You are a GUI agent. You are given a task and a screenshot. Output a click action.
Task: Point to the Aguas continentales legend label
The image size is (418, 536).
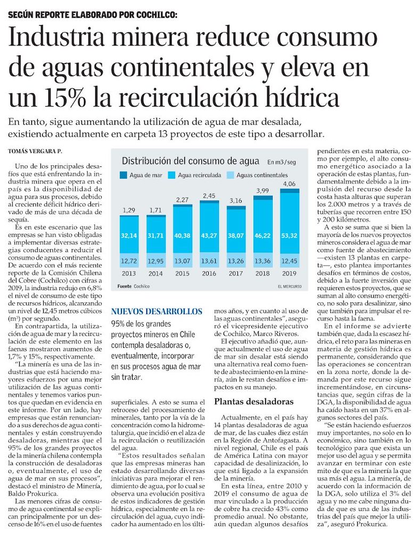click(x=261, y=175)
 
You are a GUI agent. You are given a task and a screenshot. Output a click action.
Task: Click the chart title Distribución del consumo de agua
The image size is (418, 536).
click(x=191, y=161)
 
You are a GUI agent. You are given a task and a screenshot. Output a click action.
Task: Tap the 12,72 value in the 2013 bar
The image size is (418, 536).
click(x=128, y=261)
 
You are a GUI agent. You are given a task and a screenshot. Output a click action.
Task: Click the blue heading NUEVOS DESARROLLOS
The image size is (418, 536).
click(x=157, y=311)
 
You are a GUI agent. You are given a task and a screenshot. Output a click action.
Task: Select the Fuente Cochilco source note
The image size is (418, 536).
click(x=133, y=286)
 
